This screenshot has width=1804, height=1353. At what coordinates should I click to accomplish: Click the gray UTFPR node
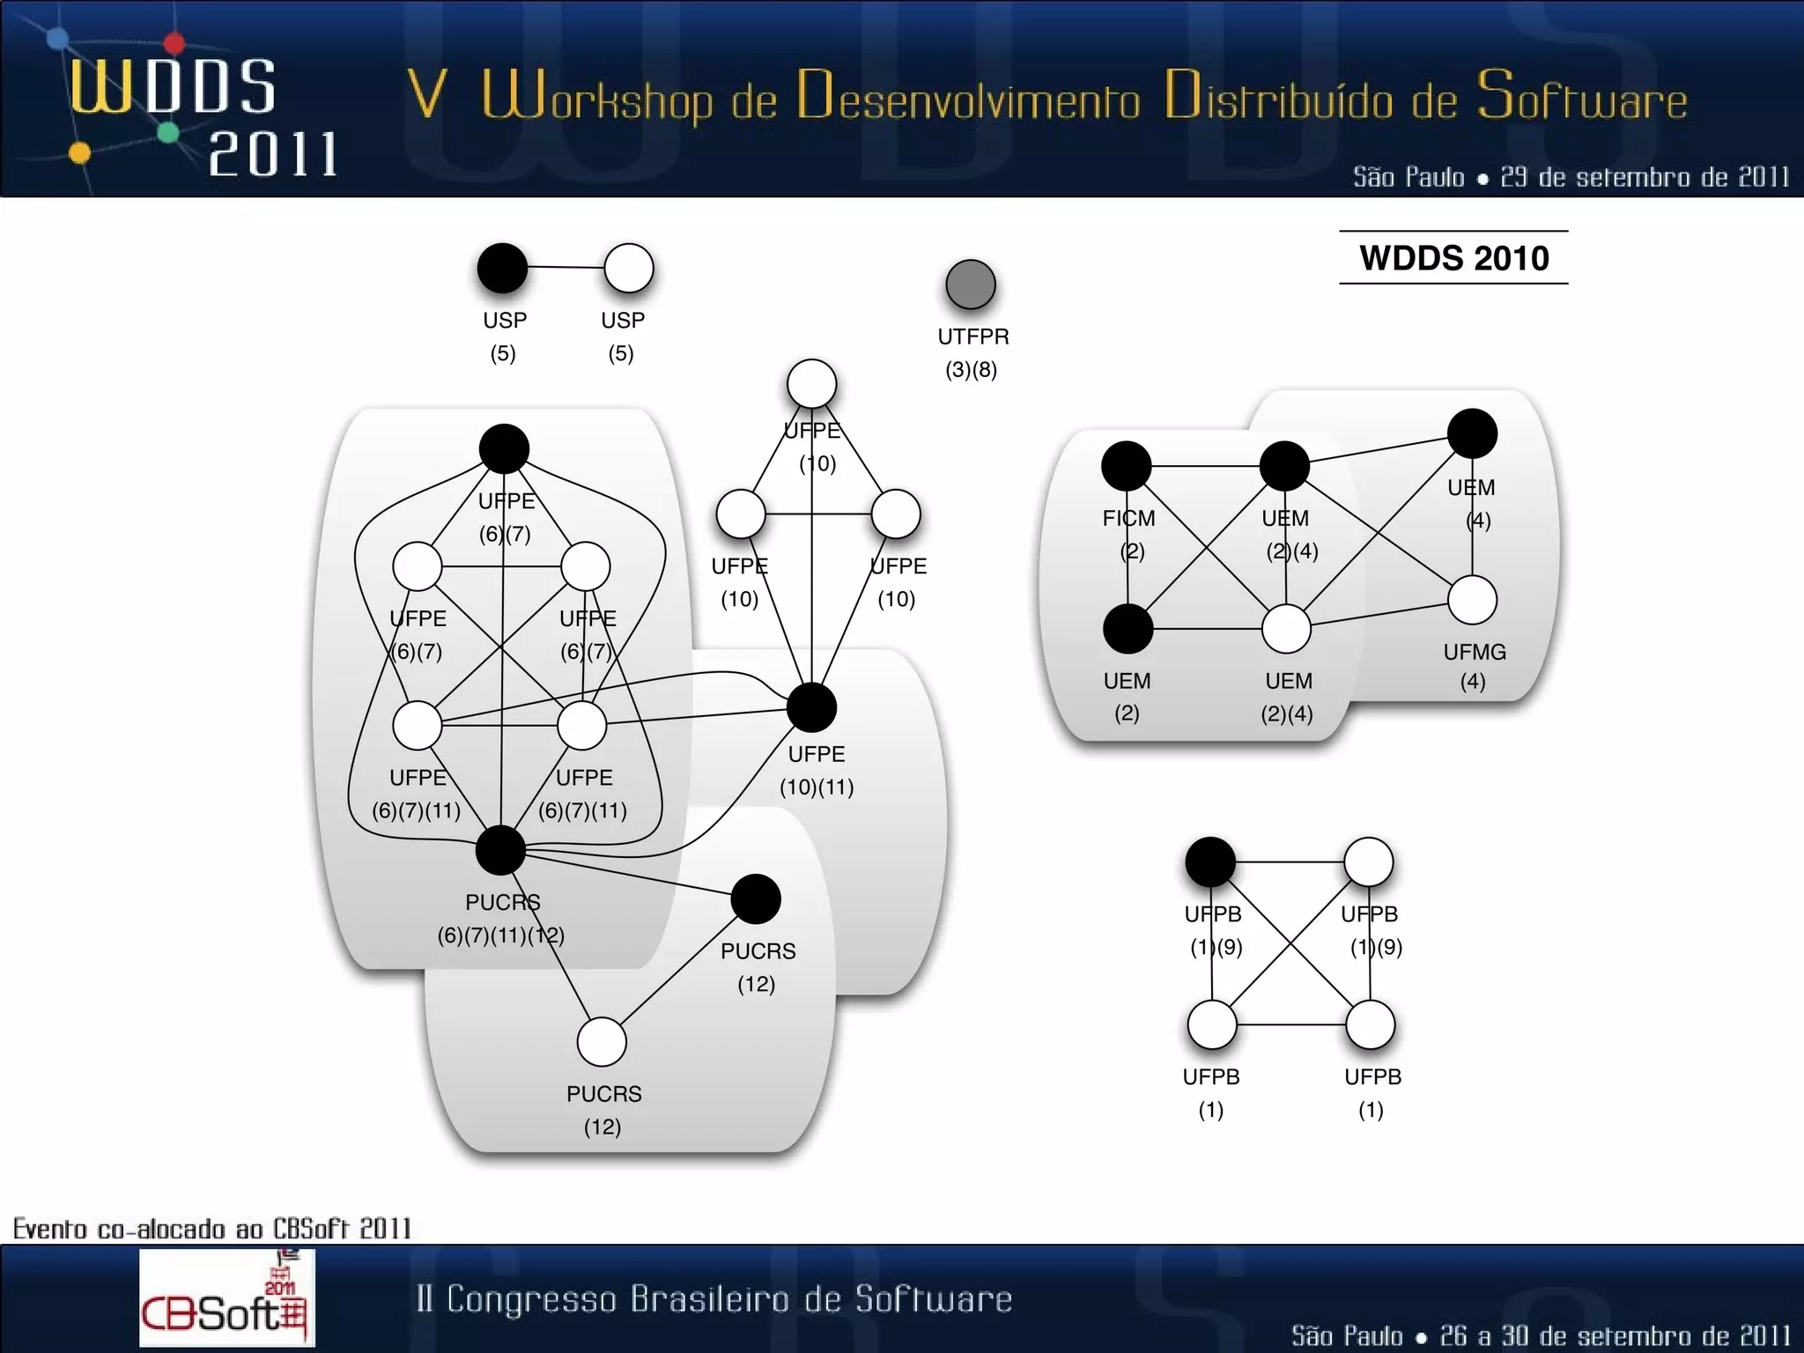tap(970, 285)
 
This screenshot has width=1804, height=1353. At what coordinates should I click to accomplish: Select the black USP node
tap(502, 268)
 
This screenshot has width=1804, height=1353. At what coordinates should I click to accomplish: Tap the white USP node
tap(629, 269)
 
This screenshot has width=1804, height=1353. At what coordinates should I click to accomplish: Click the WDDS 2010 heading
tap(1453, 258)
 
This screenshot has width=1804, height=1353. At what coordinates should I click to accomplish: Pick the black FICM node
tap(1127, 466)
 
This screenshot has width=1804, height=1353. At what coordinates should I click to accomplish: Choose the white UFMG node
tap(1472, 600)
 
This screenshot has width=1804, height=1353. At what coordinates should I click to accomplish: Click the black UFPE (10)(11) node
tap(811, 707)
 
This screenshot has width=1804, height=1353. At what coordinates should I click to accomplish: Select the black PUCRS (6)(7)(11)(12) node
tap(500, 850)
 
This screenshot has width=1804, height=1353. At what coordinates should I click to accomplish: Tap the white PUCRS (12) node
tap(602, 1042)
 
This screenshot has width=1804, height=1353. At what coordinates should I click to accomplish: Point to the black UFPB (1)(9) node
tap(1210, 861)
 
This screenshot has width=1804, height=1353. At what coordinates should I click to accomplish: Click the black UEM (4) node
tap(1472, 433)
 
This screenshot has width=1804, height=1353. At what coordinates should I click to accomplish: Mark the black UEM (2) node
tap(1127, 629)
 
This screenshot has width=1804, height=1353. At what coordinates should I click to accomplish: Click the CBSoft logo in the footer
tap(226, 1298)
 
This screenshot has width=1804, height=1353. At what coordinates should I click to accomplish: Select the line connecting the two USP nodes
tap(566, 267)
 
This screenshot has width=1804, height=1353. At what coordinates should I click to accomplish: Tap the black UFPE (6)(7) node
tap(504, 449)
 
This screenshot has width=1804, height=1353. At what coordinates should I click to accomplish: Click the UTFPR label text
tap(972, 336)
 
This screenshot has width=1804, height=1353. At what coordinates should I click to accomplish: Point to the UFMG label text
tap(1474, 653)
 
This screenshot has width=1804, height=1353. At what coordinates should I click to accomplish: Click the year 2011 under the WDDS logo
tap(273, 155)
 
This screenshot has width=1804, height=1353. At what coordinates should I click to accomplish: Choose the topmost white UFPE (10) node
tap(811, 384)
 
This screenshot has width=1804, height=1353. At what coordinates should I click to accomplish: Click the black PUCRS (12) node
tap(755, 899)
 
